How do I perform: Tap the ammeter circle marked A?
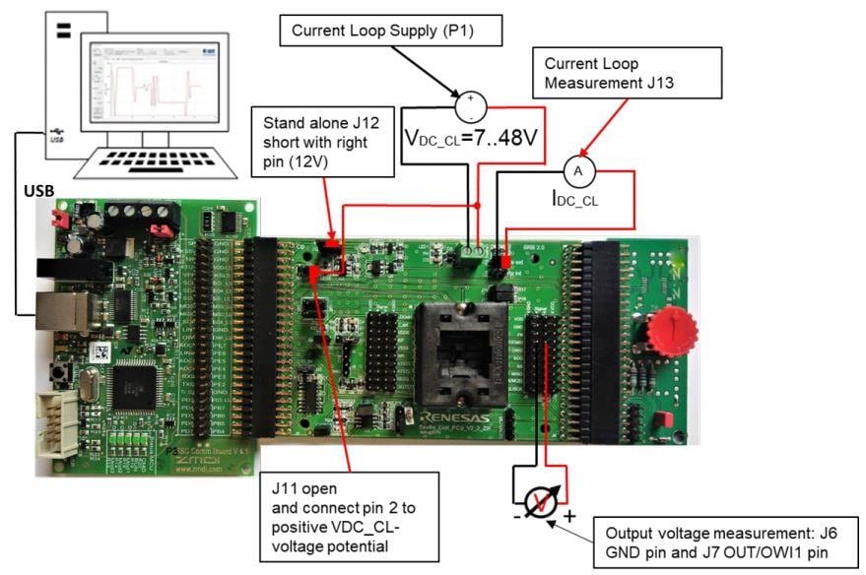tap(579, 172)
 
